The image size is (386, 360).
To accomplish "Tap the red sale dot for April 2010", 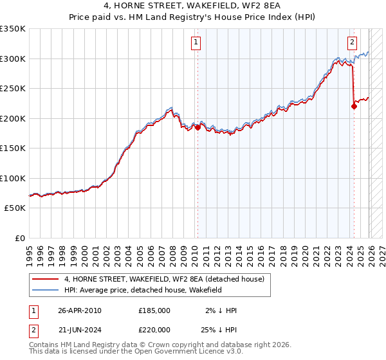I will click(x=198, y=128).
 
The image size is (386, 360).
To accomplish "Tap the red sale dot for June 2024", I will click(x=354, y=107).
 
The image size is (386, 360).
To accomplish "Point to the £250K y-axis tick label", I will click(x=13, y=89).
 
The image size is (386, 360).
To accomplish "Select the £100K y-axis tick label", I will click(x=13, y=178).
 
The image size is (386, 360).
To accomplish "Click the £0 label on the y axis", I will click(x=19, y=238).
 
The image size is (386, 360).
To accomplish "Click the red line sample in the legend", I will click(x=45, y=279).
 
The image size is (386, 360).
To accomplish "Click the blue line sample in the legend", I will click(x=45, y=291).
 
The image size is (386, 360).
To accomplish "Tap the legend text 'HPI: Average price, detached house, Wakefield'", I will click(x=143, y=291).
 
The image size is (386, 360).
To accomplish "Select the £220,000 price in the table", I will click(x=154, y=330).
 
